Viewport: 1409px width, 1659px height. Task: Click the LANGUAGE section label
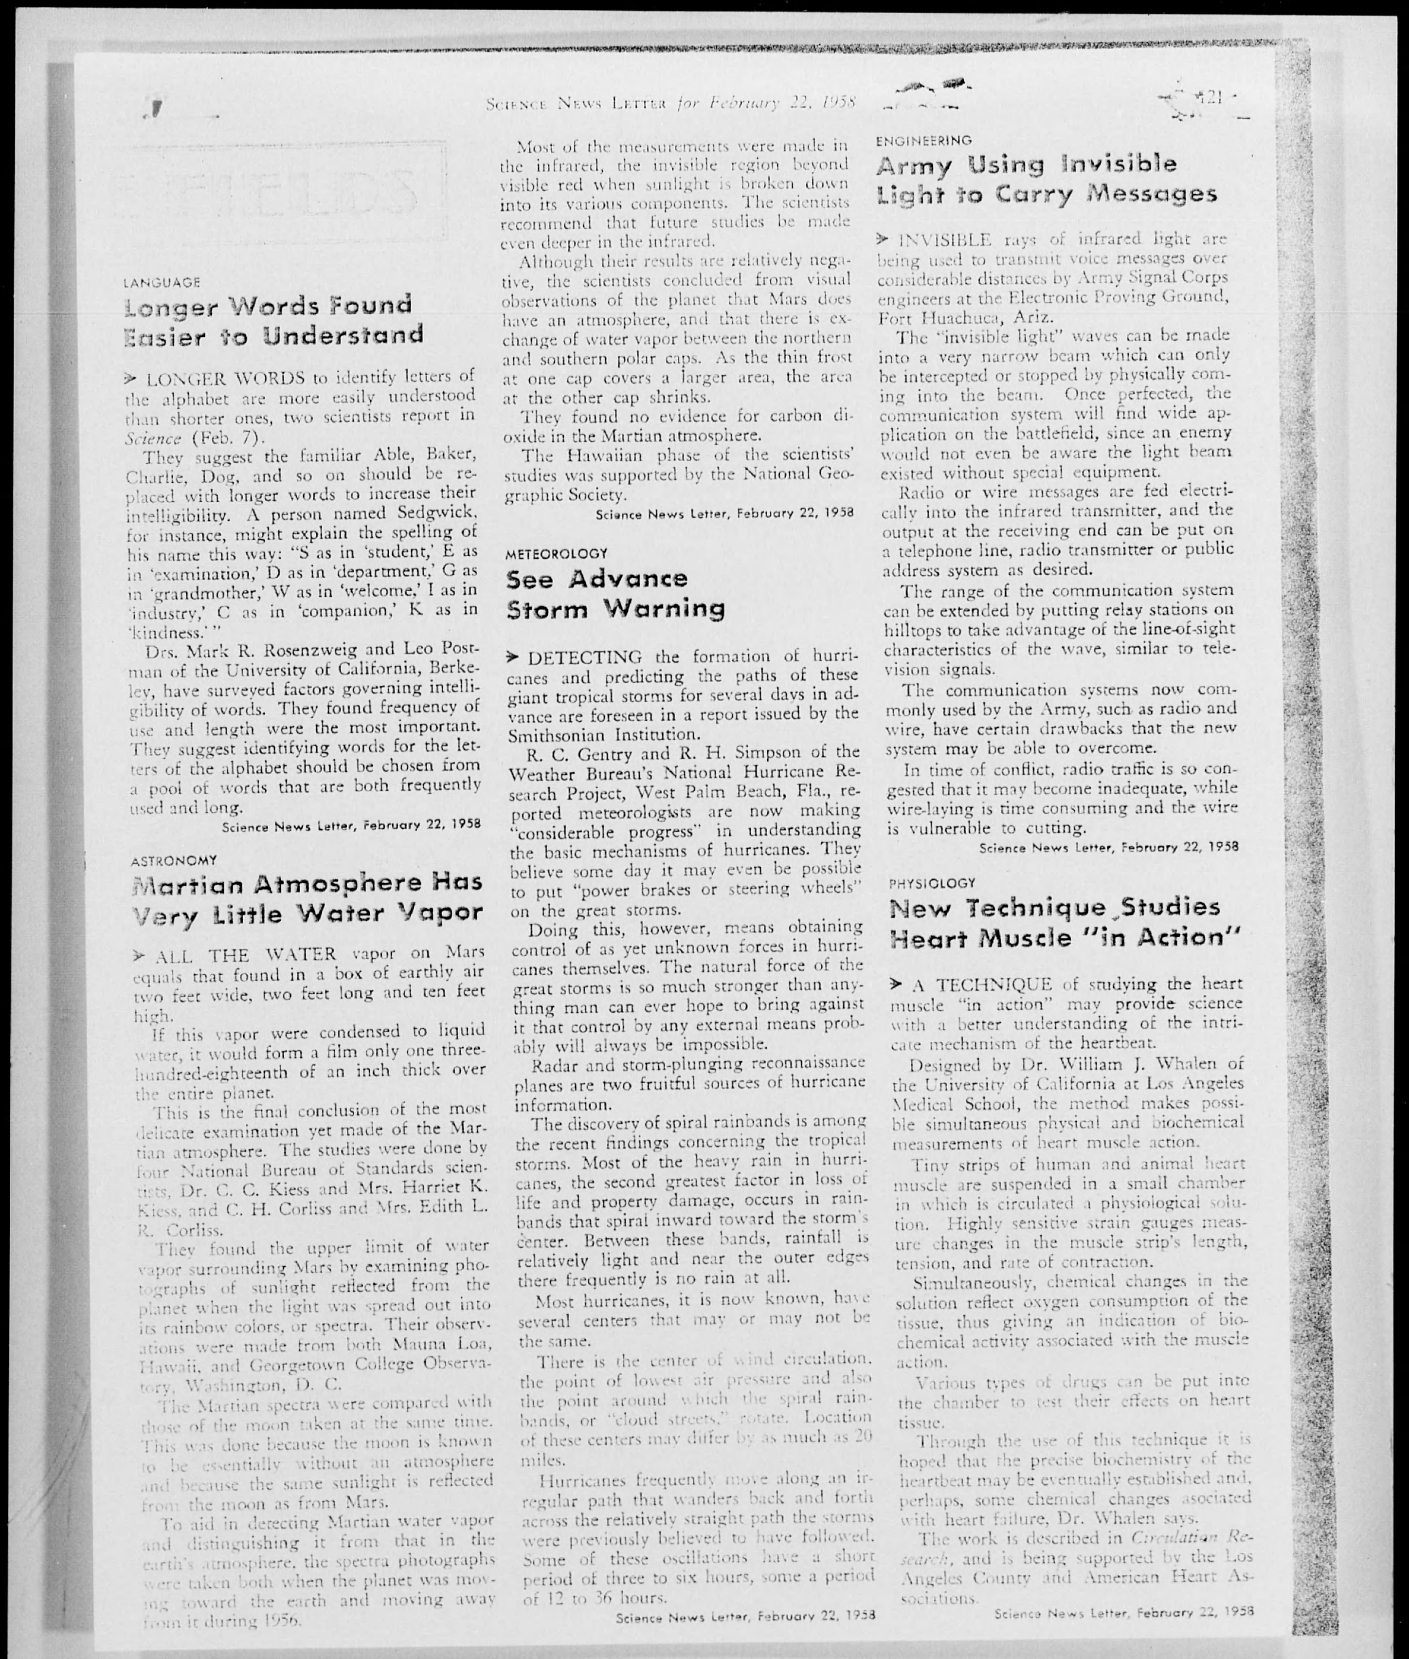coord(162,282)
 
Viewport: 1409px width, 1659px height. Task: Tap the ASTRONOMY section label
coord(173,860)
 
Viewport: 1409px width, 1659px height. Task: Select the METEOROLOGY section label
coord(557,553)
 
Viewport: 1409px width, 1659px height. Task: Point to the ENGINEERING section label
coord(923,141)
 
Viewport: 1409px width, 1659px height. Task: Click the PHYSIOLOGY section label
coord(932,883)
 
